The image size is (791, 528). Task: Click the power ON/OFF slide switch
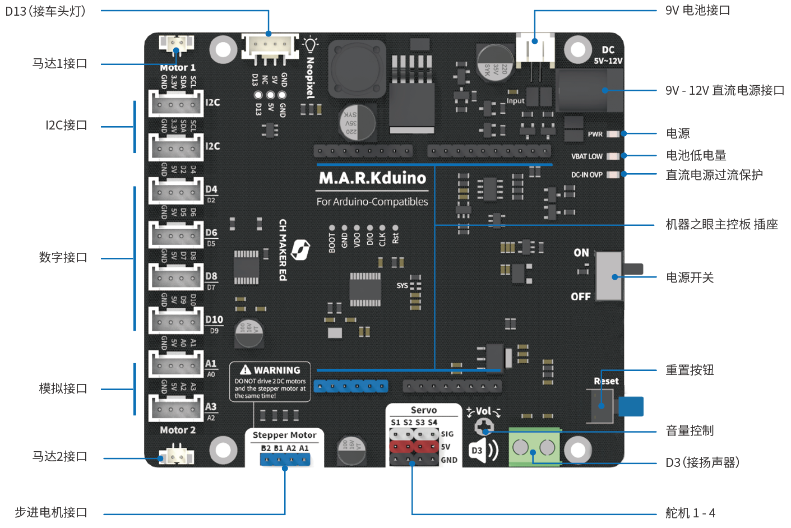[610, 276]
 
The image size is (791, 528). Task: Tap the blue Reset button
[631, 406]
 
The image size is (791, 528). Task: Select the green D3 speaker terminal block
[534, 447]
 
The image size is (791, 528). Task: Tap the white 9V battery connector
[535, 47]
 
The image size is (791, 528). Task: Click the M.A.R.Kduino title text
[372, 178]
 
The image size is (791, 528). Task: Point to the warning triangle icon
[246, 370]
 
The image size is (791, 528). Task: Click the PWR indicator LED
[613, 134]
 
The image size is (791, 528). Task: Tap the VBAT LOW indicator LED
[613, 156]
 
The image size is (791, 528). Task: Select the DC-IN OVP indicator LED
[613, 174]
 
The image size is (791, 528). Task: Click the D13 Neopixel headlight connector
[270, 45]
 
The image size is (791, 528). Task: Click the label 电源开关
[690, 277]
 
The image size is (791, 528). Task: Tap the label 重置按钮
[690, 370]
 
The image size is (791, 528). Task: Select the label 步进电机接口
[51, 512]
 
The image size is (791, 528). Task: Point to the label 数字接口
[63, 257]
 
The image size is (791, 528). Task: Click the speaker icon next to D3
[483, 450]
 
